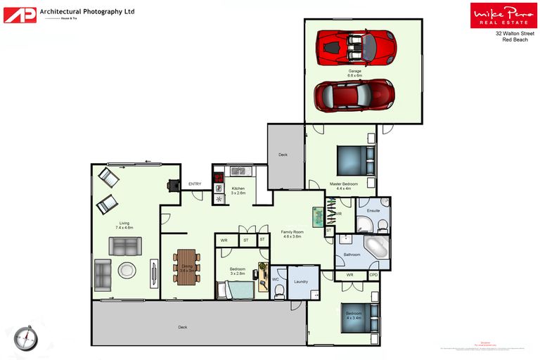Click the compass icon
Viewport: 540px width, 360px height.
[x=25, y=338]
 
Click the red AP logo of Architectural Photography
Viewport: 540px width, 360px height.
[x=19, y=15]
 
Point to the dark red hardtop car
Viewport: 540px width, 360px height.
[x=354, y=94]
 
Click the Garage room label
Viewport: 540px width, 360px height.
[x=355, y=72]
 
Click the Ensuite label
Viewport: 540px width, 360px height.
[x=373, y=210]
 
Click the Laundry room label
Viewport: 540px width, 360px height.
[x=302, y=281]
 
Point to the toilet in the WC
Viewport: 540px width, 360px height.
[x=279, y=292]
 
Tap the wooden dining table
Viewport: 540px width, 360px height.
[x=186, y=267]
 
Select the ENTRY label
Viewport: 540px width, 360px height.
[x=195, y=184]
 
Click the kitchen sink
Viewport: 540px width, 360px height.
[x=239, y=171]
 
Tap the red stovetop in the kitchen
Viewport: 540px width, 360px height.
[x=219, y=178]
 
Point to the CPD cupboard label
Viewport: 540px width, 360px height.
[x=374, y=275]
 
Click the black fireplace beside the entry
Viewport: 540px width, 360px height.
[x=172, y=185]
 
